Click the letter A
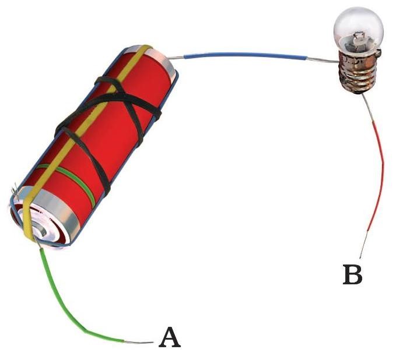(169, 337)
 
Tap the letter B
(352, 274)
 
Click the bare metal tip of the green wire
(140, 341)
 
